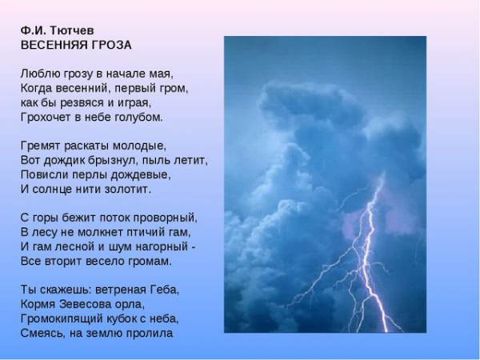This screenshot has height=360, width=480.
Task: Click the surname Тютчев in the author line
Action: tap(71, 30)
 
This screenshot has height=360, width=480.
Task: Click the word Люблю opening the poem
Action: tap(41, 74)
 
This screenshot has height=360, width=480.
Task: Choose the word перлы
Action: tap(90, 175)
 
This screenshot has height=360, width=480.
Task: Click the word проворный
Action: tap(166, 218)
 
